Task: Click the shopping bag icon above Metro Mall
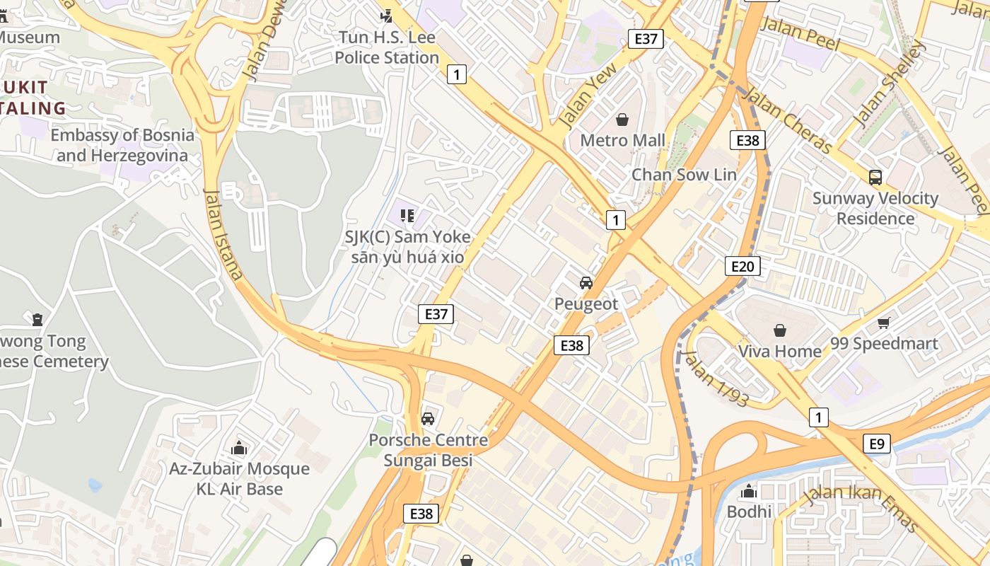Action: [x=622, y=120]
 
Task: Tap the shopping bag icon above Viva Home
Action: [x=779, y=330]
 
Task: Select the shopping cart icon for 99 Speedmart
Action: [x=883, y=323]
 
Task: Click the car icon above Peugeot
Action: [x=586, y=283]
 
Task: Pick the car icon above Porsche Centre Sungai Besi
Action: [x=428, y=419]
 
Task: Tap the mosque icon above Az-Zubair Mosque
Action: [x=239, y=448]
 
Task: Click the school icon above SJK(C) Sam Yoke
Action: [x=407, y=215]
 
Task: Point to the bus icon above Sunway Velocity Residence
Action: [x=875, y=178]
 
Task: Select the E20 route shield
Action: [x=742, y=266]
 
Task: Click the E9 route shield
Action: [x=876, y=444]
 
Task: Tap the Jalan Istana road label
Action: [x=223, y=233]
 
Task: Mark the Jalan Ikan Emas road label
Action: [x=862, y=507]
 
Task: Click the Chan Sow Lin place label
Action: [x=684, y=175]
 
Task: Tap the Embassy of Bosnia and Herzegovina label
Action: [x=122, y=145]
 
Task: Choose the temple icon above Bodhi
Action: [x=748, y=491]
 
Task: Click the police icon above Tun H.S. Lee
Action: [x=386, y=16]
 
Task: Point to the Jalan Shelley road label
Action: [x=889, y=85]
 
